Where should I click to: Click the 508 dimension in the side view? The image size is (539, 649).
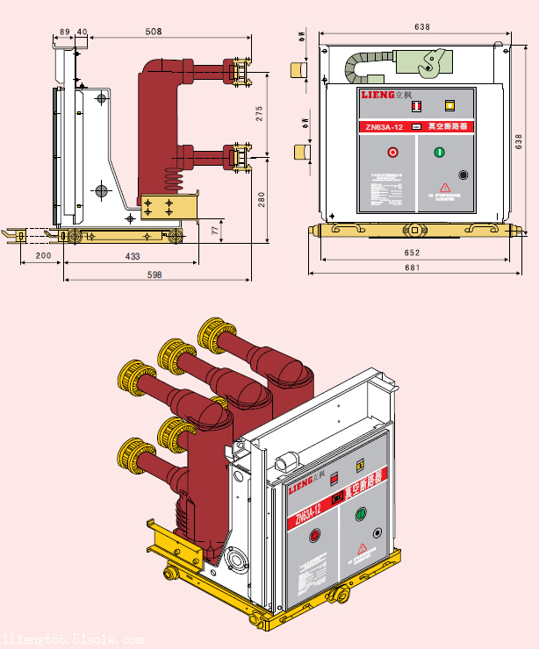(x=153, y=32)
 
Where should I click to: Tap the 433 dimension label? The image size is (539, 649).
(x=133, y=256)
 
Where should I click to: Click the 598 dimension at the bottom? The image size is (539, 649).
(x=155, y=275)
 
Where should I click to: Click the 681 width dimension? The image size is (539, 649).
(x=411, y=268)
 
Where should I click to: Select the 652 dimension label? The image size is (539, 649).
(x=411, y=253)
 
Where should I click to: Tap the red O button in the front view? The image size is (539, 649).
(x=392, y=153)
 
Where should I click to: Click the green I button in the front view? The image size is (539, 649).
(x=439, y=153)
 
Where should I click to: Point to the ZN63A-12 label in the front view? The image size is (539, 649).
(x=385, y=127)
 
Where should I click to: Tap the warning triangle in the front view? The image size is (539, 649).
(x=445, y=187)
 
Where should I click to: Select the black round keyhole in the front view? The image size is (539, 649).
(x=463, y=175)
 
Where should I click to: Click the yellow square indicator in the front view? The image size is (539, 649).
(x=449, y=105)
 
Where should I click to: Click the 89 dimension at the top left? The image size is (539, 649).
(x=64, y=32)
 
